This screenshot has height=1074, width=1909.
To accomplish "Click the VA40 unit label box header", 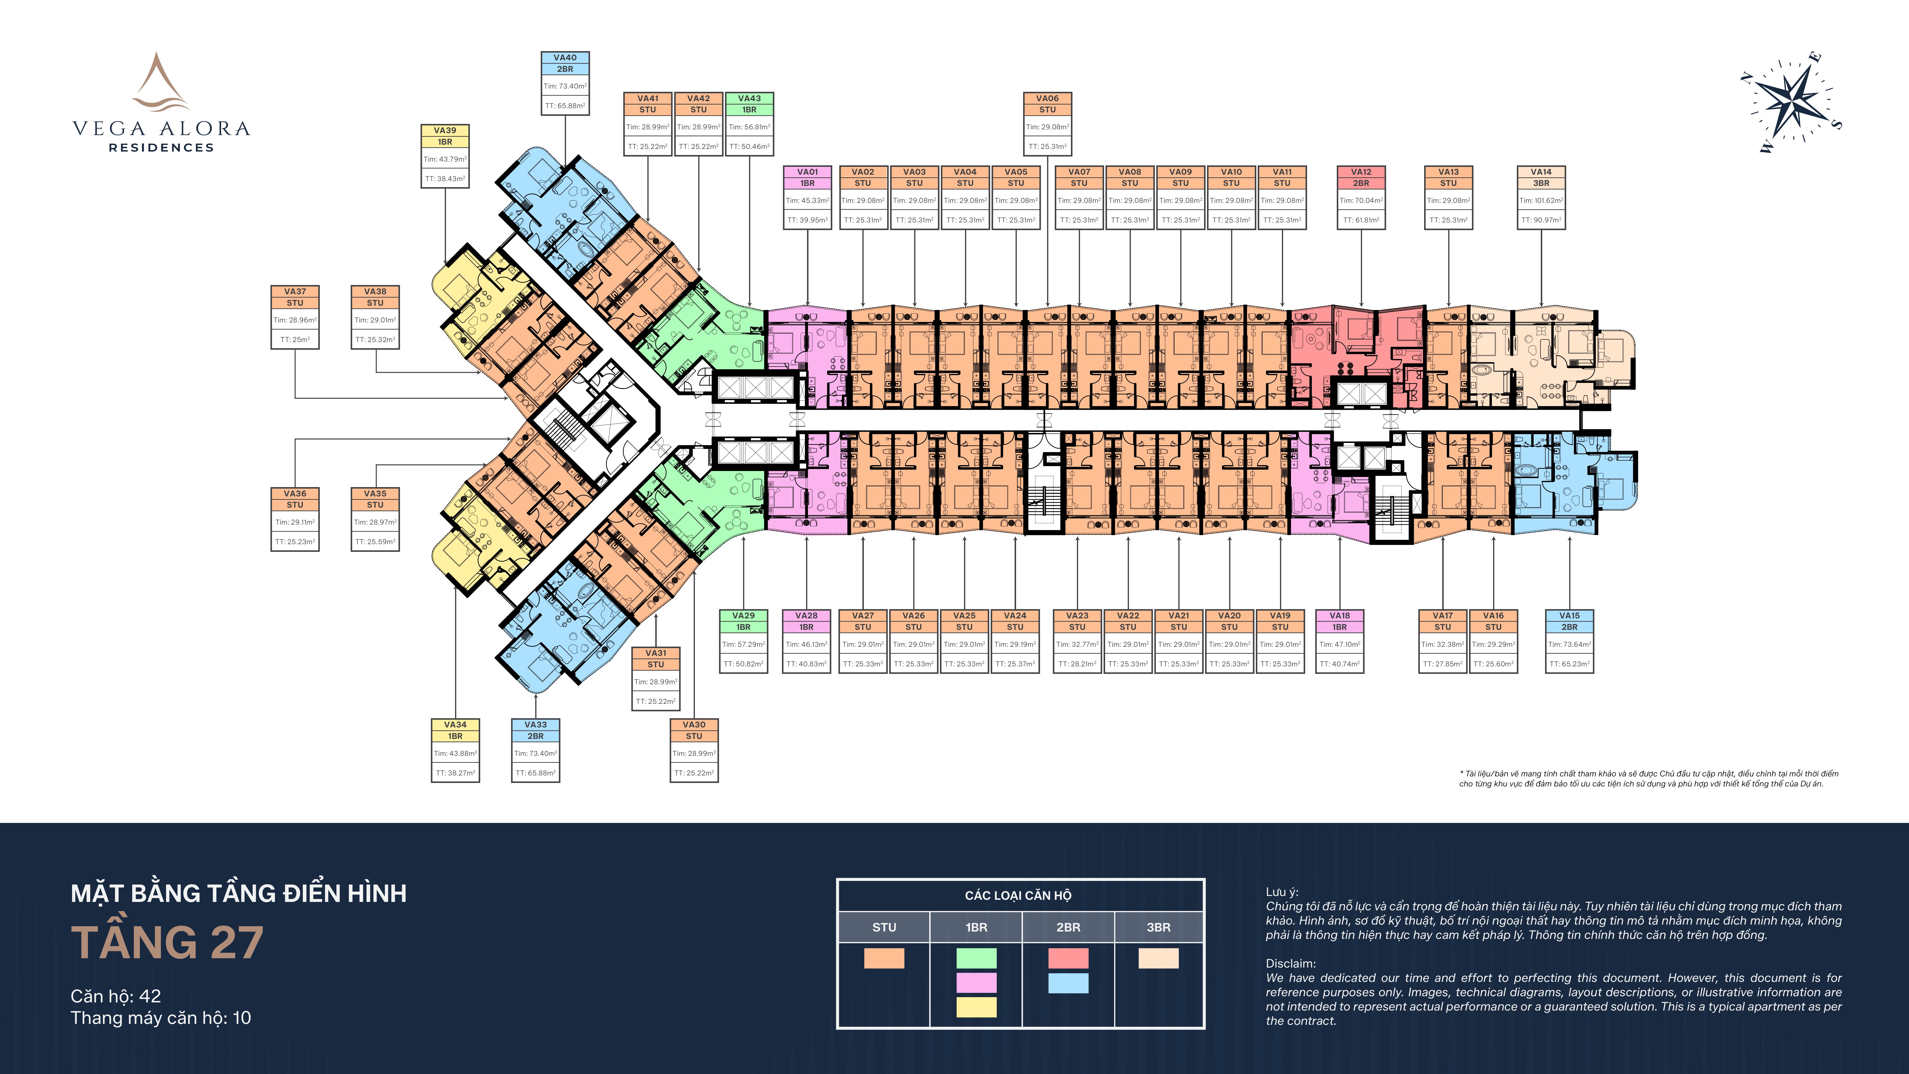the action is click(565, 63).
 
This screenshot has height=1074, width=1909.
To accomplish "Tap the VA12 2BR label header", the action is click(1361, 177).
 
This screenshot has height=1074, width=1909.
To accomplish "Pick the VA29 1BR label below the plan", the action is click(743, 621).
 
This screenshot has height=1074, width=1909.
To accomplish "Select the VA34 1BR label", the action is click(455, 730).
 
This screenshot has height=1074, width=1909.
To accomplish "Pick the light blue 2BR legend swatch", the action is click(1068, 983).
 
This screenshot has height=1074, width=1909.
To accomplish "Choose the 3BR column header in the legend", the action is click(1158, 927).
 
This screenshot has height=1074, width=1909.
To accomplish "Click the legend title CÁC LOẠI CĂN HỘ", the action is click(1018, 895).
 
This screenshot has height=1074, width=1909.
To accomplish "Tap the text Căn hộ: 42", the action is click(115, 996).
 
